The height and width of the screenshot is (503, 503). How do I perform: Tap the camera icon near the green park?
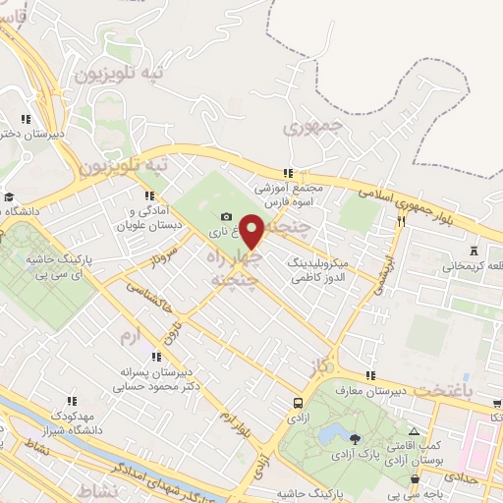click(227, 216)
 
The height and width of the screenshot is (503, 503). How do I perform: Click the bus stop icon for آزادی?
click(298, 403)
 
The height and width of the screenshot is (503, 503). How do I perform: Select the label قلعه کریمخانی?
click(475, 265)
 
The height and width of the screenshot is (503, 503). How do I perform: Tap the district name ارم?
click(128, 336)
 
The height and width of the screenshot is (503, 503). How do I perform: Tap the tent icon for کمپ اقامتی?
click(415, 431)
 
